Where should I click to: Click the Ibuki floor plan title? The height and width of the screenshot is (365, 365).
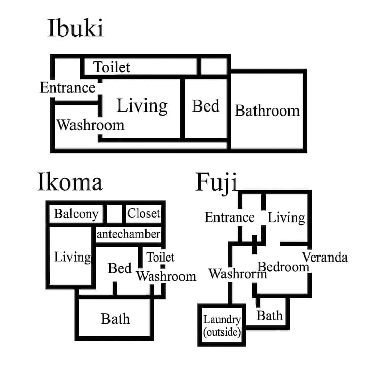click(x=75, y=28)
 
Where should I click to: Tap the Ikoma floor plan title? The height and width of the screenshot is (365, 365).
click(x=69, y=182)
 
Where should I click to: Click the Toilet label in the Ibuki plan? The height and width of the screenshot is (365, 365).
click(x=112, y=67)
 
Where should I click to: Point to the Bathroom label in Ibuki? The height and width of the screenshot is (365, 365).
click(x=267, y=111)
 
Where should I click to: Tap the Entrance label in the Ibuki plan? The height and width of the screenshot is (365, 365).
click(x=68, y=88)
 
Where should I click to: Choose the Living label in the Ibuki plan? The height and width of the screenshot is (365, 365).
click(x=142, y=106)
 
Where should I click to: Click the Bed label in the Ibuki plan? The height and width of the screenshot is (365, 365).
click(x=206, y=106)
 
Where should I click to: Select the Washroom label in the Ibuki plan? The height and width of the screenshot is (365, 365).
click(x=90, y=125)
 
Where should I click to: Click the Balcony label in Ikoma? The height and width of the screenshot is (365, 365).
click(x=77, y=214)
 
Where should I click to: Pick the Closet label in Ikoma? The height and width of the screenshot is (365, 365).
click(x=144, y=213)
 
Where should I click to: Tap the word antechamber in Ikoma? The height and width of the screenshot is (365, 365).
click(x=128, y=234)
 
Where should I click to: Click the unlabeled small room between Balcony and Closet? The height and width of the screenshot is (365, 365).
click(x=114, y=213)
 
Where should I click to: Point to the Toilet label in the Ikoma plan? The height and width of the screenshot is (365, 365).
click(x=160, y=257)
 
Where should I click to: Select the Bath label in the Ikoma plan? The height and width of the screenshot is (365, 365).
click(x=115, y=319)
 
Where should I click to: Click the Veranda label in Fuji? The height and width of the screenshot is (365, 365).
click(x=325, y=257)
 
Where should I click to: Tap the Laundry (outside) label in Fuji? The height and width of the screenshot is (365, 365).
click(x=222, y=326)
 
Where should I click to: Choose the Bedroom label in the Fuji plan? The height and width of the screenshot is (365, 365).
click(x=283, y=267)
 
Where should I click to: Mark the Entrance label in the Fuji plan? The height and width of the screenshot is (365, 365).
click(x=230, y=217)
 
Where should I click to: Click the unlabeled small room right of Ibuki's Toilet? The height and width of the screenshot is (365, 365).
click(x=214, y=66)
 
